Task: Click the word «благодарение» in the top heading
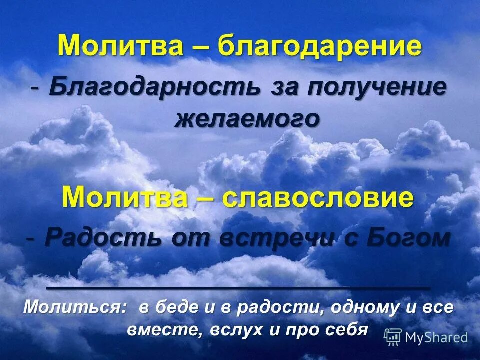coord(320,47)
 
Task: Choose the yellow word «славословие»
coord(318,198)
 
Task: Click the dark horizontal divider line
coord(238,289)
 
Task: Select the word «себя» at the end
coord(345,330)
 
